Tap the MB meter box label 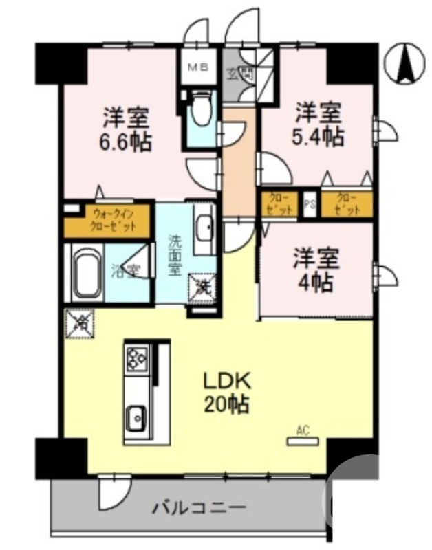[x=199, y=68]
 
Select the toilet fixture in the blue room [x=201, y=111]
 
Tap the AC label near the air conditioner [x=302, y=431]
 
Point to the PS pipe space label [x=310, y=204]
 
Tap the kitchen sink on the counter [x=136, y=416]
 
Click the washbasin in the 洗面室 [x=204, y=228]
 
